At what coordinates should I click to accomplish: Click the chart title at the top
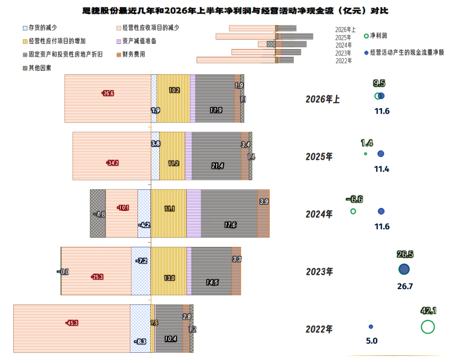[x=235, y=11]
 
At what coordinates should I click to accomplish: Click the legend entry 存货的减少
[x=40, y=28]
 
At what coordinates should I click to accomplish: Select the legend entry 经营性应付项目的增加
[x=54, y=41]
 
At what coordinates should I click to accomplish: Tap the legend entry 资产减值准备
[x=137, y=41]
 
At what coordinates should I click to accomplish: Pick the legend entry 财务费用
[x=131, y=54]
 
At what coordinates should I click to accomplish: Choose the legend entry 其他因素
[x=37, y=68]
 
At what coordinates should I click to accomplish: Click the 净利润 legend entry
[x=376, y=36]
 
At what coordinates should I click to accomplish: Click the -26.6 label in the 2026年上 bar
[x=108, y=93]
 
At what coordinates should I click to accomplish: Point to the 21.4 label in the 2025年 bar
[x=218, y=166]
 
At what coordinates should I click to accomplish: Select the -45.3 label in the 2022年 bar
[x=72, y=323]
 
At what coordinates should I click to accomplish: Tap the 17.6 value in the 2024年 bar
[x=230, y=225]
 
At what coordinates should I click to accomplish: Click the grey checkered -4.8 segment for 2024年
[x=98, y=214]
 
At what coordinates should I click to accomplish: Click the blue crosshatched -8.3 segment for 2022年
[x=140, y=328]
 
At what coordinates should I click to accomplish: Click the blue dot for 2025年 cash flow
[x=381, y=154]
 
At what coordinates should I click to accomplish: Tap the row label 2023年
[x=320, y=272]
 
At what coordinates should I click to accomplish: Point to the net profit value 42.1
[x=429, y=310]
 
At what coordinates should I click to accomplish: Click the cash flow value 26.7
[x=405, y=286]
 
